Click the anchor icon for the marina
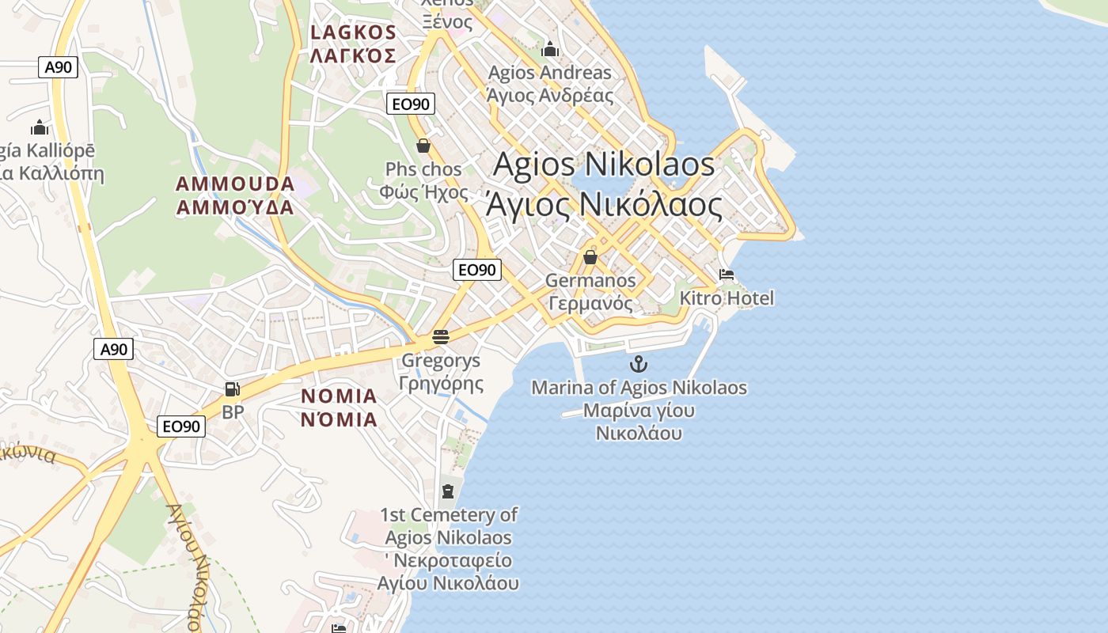(638, 364)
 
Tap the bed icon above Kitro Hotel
(727, 275)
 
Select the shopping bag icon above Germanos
(590, 257)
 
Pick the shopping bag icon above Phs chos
(423, 146)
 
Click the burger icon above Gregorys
(441, 337)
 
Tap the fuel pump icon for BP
(232, 389)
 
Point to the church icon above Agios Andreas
(550, 50)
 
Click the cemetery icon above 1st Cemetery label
(448, 491)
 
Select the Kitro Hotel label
(727, 298)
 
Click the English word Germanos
(590, 280)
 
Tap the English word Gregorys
(441, 361)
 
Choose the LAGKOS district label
(353, 32)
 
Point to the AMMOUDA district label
(235, 184)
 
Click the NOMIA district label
(339, 396)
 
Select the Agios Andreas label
(549, 73)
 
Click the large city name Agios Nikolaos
(604, 165)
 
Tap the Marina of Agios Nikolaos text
(639, 388)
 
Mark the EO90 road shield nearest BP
(181, 426)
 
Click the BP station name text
(233, 412)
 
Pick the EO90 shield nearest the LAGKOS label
(411, 104)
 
